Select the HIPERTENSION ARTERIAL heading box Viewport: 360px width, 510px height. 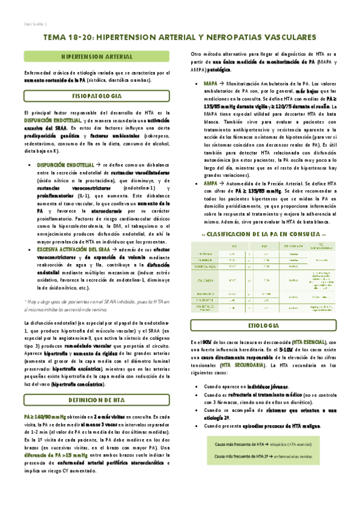click(x=97, y=56)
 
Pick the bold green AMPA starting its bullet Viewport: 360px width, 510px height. click(x=210, y=182)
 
